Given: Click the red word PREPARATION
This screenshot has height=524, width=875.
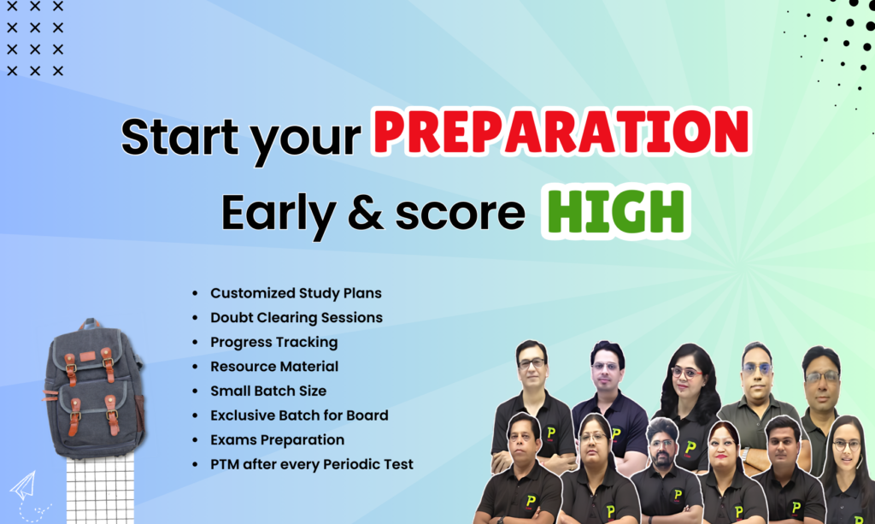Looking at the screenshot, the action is point(561,132).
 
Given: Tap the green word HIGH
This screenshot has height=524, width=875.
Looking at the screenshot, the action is point(615,211).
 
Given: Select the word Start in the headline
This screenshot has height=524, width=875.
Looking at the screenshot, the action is point(179,136).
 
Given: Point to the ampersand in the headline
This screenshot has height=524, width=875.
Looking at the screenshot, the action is point(366,213).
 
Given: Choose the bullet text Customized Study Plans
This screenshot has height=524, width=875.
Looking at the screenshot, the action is point(296,293).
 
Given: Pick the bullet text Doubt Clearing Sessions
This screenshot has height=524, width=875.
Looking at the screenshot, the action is point(297,317).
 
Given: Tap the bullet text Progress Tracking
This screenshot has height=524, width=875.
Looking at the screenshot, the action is point(274,342).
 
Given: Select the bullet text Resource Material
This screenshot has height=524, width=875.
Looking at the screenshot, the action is point(274,366).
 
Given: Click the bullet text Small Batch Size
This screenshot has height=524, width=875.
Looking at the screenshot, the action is point(268,391).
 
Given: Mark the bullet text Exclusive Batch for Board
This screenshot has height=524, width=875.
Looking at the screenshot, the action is point(299,415).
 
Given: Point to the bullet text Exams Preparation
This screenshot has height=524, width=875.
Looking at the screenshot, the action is point(278,439).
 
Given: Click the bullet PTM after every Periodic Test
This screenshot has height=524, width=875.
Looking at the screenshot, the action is point(312,464).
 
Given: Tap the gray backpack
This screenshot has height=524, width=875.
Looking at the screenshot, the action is point(94,389).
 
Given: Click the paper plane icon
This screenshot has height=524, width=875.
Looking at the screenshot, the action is point(23,486).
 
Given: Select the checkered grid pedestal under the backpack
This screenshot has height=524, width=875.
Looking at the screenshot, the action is point(101,488).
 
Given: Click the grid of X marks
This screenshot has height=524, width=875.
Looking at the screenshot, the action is point(34,38).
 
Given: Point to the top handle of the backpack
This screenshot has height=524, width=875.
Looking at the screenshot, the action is point(89,324).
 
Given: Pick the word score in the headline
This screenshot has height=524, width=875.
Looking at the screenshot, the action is point(461,213).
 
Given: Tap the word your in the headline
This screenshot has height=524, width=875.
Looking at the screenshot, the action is point(305,142).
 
